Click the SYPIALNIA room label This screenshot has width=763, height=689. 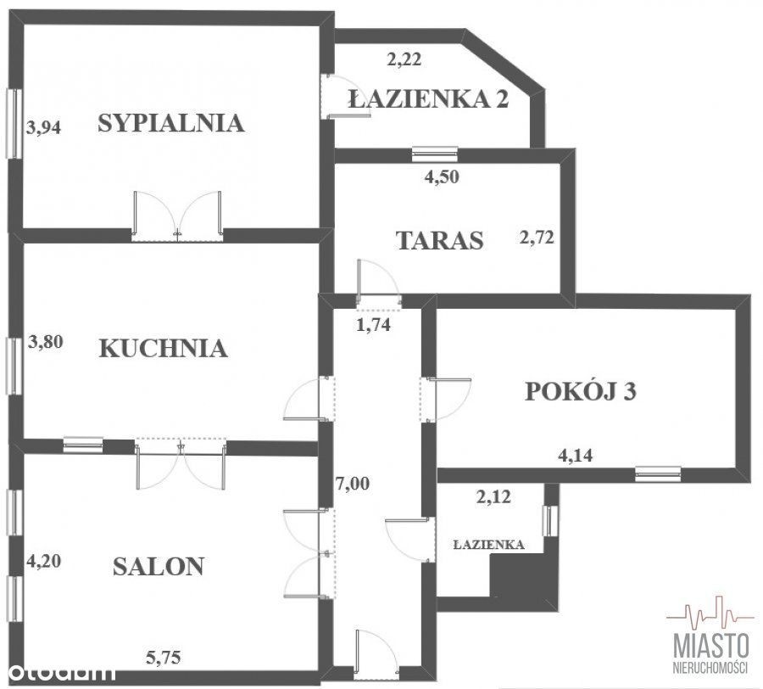170,123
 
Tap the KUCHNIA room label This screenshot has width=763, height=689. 163,349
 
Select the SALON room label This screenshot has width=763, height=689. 159,567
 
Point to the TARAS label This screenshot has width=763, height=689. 440,240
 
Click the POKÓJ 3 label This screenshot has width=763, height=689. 581,391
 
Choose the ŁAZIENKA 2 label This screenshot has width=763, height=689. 429,98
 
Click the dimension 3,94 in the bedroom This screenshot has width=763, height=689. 44,127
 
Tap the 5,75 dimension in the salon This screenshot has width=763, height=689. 164,658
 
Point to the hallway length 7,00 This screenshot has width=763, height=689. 353,484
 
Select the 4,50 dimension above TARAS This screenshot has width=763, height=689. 442,176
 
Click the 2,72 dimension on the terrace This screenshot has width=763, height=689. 537,238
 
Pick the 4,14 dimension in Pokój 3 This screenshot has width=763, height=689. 576,456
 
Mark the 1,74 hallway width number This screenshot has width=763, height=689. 374,324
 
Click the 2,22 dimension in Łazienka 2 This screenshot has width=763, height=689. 404,59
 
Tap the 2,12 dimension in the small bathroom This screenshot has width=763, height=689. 493,497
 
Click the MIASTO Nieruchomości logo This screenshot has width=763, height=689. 711,638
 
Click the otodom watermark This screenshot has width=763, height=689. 58,673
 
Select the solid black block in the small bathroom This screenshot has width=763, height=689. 523,575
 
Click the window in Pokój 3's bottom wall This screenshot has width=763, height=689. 658,473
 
